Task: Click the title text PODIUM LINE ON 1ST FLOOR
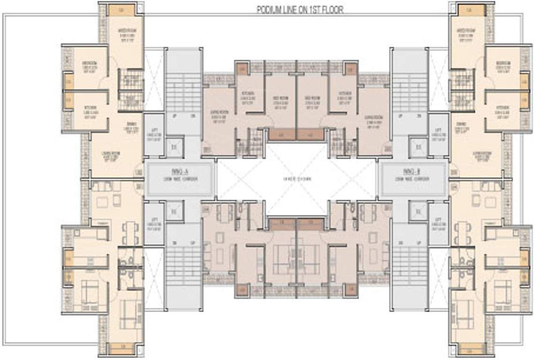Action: point(300,10)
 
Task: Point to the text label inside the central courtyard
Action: point(296,179)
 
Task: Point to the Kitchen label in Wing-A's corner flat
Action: point(90,111)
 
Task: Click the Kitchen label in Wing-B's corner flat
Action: point(503,111)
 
